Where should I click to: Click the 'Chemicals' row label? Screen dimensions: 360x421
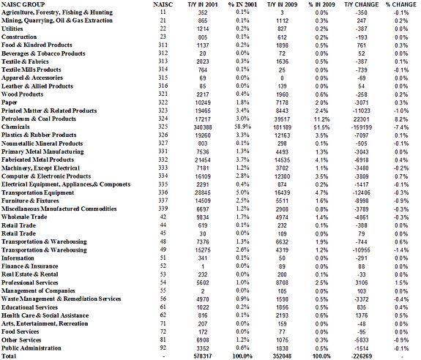(x=17, y=127)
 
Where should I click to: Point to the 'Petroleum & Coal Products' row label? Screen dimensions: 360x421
(x=39, y=119)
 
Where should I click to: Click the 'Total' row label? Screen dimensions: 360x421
(x=10, y=356)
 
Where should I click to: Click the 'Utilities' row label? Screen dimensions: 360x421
(x=14, y=28)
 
